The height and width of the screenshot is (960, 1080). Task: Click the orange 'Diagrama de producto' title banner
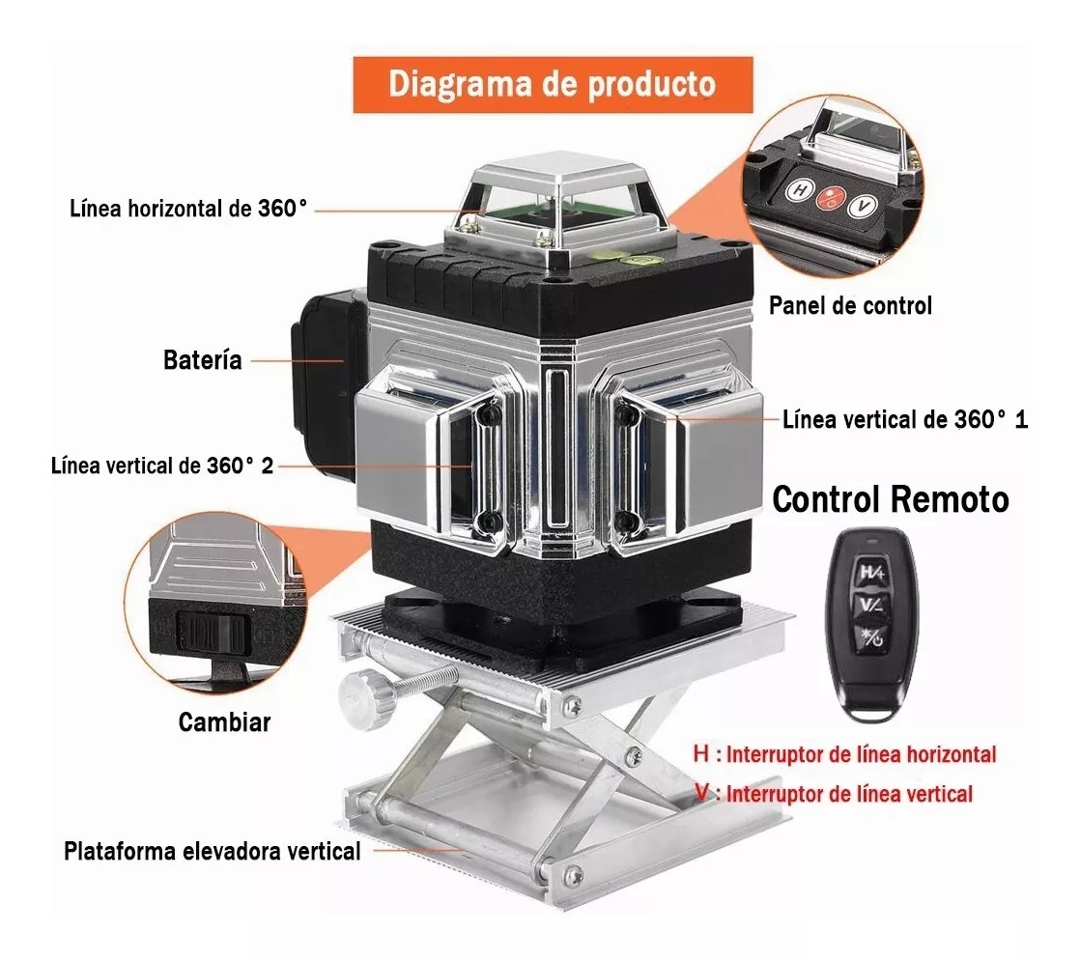(x=552, y=84)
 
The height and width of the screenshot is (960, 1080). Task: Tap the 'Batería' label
(x=202, y=361)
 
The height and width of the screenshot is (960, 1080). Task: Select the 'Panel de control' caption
(x=850, y=306)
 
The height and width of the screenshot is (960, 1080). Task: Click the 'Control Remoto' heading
(x=891, y=499)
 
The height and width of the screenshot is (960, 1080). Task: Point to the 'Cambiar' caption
(x=224, y=722)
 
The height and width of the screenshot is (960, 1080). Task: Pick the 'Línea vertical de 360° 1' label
(x=905, y=420)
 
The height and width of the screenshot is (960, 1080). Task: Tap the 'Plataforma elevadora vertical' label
(x=213, y=851)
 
